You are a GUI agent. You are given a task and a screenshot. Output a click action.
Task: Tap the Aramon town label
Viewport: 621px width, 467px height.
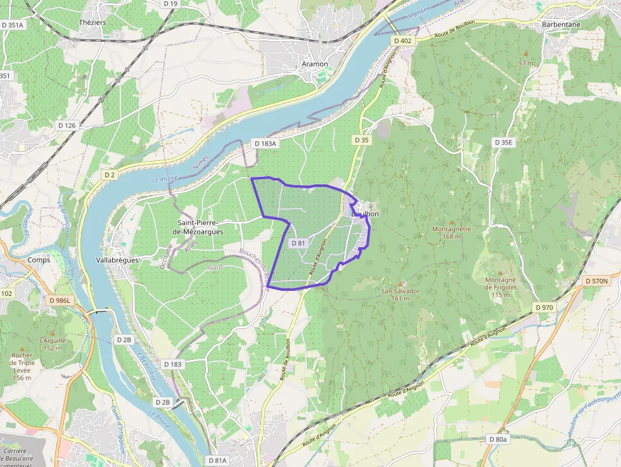(x=315, y=64)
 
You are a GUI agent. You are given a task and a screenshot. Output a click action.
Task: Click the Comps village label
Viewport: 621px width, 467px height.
(x=39, y=260)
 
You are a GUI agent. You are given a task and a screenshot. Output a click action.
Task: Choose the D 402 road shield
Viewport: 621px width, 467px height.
(x=402, y=41)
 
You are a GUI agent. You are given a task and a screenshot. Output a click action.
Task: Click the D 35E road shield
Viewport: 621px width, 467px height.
(x=504, y=143)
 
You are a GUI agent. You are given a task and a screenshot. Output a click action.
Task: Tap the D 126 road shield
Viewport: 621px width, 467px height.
(x=67, y=125)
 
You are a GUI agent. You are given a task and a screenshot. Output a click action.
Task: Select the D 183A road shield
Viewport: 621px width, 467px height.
(x=266, y=144)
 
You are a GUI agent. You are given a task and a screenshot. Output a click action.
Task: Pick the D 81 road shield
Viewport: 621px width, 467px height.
(x=298, y=243)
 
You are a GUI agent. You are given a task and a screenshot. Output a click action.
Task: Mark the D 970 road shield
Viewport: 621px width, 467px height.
(x=544, y=307)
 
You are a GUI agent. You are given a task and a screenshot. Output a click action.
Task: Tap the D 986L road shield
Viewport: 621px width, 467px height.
(x=61, y=300)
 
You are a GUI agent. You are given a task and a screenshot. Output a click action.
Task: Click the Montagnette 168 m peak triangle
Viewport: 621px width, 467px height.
(x=452, y=221)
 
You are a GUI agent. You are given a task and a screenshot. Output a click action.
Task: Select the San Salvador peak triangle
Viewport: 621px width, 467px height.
(x=400, y=283)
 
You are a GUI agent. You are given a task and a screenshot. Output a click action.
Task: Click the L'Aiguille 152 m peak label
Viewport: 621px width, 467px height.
(x=53, y=343)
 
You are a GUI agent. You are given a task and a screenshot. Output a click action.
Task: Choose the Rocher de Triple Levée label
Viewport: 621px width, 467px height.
(x=22, y=366)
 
